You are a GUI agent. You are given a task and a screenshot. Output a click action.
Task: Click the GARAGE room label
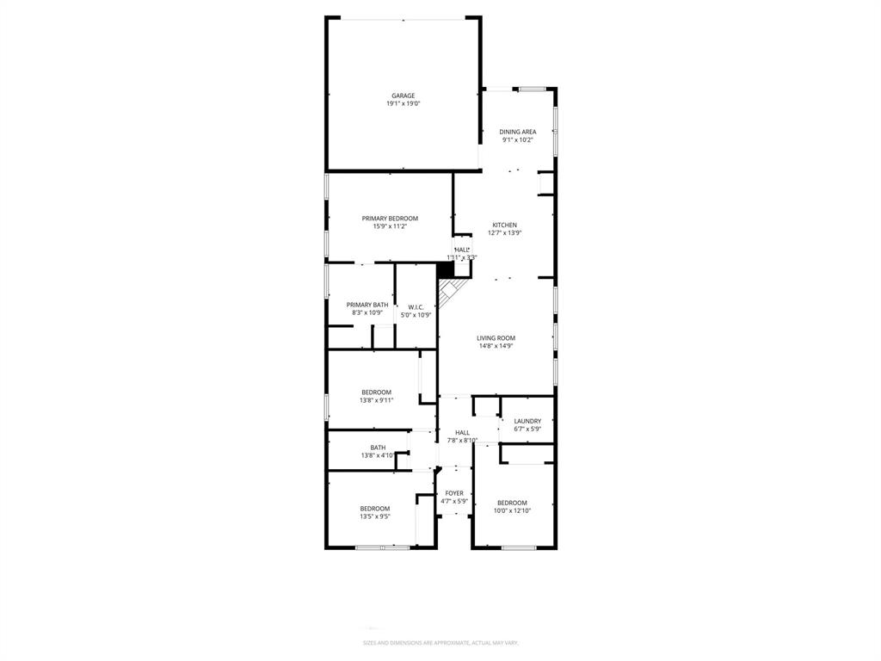click(x=404, y=96)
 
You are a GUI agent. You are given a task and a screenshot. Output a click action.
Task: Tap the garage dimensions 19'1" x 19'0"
click(x=404, y=104)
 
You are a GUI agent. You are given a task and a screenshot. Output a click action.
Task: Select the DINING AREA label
click(x=518, y=132)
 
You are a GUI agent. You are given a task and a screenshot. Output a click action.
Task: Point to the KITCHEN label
click(x=504, y=225)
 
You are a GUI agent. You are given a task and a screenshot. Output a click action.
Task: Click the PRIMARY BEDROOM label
click(x=390, y=219)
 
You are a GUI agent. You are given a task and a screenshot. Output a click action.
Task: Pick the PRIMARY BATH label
click(x=367, y=305)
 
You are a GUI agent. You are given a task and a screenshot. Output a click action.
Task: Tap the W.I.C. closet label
click(x=416, y=306)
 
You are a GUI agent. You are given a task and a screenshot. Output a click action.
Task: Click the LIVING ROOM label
click(x=496, y=338)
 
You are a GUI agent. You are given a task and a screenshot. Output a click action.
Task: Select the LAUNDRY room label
click(x=527, y=421)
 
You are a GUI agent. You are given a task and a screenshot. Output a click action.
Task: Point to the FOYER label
click(x=454, y=493)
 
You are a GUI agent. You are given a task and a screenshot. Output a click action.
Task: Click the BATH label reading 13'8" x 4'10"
click(x=378, y=447)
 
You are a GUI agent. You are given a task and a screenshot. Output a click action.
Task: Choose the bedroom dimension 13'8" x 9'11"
click(x=376, y=400)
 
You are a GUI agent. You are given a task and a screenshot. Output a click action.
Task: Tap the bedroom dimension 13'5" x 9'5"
click(x=375, y=517)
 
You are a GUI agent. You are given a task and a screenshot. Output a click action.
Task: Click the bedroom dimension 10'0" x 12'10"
click(x=512, y=511)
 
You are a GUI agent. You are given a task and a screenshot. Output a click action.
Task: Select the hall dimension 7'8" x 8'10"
click(x=462, y=441)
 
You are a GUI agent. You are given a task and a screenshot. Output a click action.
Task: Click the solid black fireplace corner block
click(x=446, y=270)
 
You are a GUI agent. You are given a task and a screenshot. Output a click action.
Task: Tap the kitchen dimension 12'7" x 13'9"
click(x=504, y=232)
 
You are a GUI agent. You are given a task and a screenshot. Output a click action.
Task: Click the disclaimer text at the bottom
click(x=440, y=642)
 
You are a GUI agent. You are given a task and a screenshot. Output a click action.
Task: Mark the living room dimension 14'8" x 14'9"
click(x=496, y=346)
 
